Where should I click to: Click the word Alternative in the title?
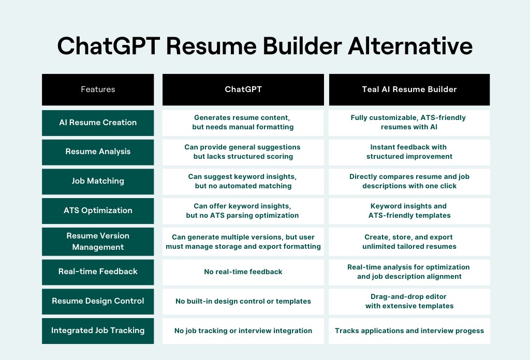tap(410, 46)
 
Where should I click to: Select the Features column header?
tap(98, 89)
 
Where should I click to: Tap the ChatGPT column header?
tap(243, 89)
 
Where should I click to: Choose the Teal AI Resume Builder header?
tap(409, 89)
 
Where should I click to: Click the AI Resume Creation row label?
tap(98, 123)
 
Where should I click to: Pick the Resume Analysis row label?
tap(98, 152)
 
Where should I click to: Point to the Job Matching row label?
tap(98, 182)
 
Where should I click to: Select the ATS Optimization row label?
tap(98, 211)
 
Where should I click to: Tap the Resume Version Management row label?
tap(98, 242)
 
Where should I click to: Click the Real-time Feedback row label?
tap(98, 272)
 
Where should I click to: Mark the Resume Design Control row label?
tap(98, 301)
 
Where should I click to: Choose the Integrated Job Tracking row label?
tap(98, 331)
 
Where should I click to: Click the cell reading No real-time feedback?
tap(243, 272)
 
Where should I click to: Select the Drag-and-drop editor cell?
tap(409, 301)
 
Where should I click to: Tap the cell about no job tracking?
tap(243, 331)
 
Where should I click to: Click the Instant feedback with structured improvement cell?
tap(409, 152)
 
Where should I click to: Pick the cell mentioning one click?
tap(409, 182)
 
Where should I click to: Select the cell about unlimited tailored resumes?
tap(409, 242)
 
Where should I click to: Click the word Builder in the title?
tap(302, 46)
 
